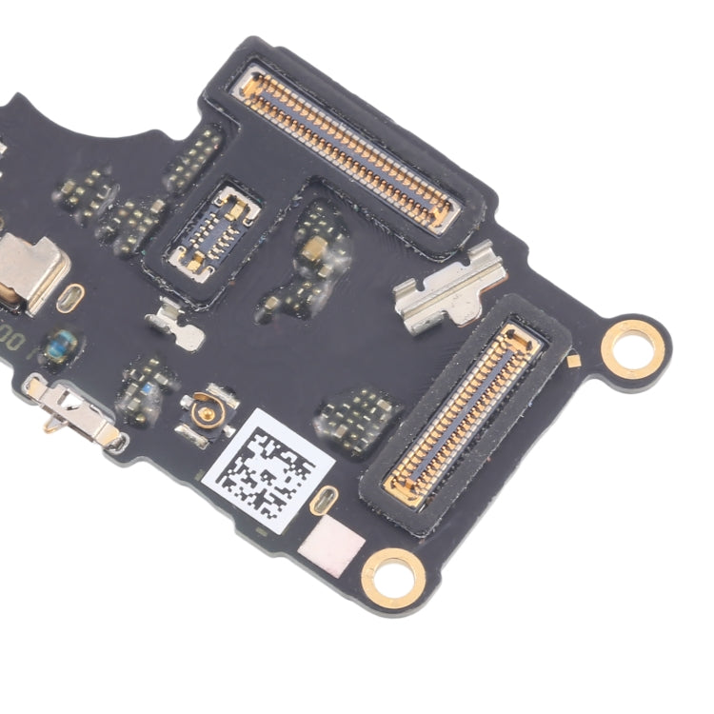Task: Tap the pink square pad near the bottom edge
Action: [x=331, y=550]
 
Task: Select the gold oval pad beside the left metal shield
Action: [x=69, y=299]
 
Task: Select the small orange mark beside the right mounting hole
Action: [x=573, y=360]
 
